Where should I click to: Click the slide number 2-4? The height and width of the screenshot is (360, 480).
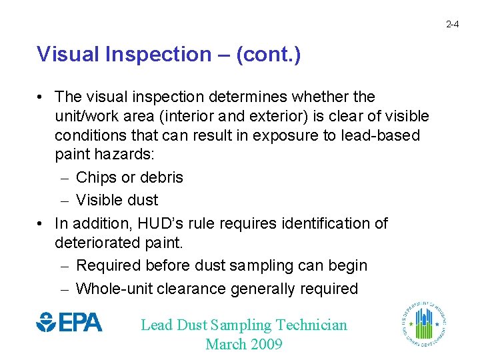coord(452,24)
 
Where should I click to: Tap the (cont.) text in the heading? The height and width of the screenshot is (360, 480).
coord(267,54)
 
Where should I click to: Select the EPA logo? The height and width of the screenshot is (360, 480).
coord(69,323)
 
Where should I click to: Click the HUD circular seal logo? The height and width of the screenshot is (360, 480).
coord(424,324)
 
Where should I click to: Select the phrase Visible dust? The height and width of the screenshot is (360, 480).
coord(117,200)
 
